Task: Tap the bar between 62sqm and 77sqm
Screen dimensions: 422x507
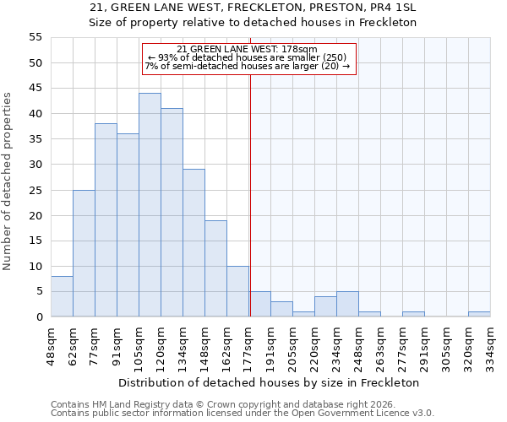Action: tap(84, 253)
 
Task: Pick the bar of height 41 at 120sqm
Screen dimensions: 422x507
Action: tap(172, 213)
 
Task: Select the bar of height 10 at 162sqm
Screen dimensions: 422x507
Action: tap(237, 291)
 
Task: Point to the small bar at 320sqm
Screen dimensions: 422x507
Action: tap(479, 314)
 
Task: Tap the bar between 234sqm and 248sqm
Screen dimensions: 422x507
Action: tap(347, 304)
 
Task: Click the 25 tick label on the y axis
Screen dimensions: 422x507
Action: tap(35, 190)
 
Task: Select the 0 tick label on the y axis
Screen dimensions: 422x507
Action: tap(38, 317)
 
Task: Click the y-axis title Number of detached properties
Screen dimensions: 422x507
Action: tap(8, 181)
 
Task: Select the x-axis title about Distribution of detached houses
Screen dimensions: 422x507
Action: tap(269, 382)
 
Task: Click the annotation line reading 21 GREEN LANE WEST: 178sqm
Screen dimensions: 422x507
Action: tap(248, 49)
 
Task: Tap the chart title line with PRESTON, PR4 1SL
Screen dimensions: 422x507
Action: tap(253, 8)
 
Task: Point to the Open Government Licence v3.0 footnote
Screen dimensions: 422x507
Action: tap(243, 414)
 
